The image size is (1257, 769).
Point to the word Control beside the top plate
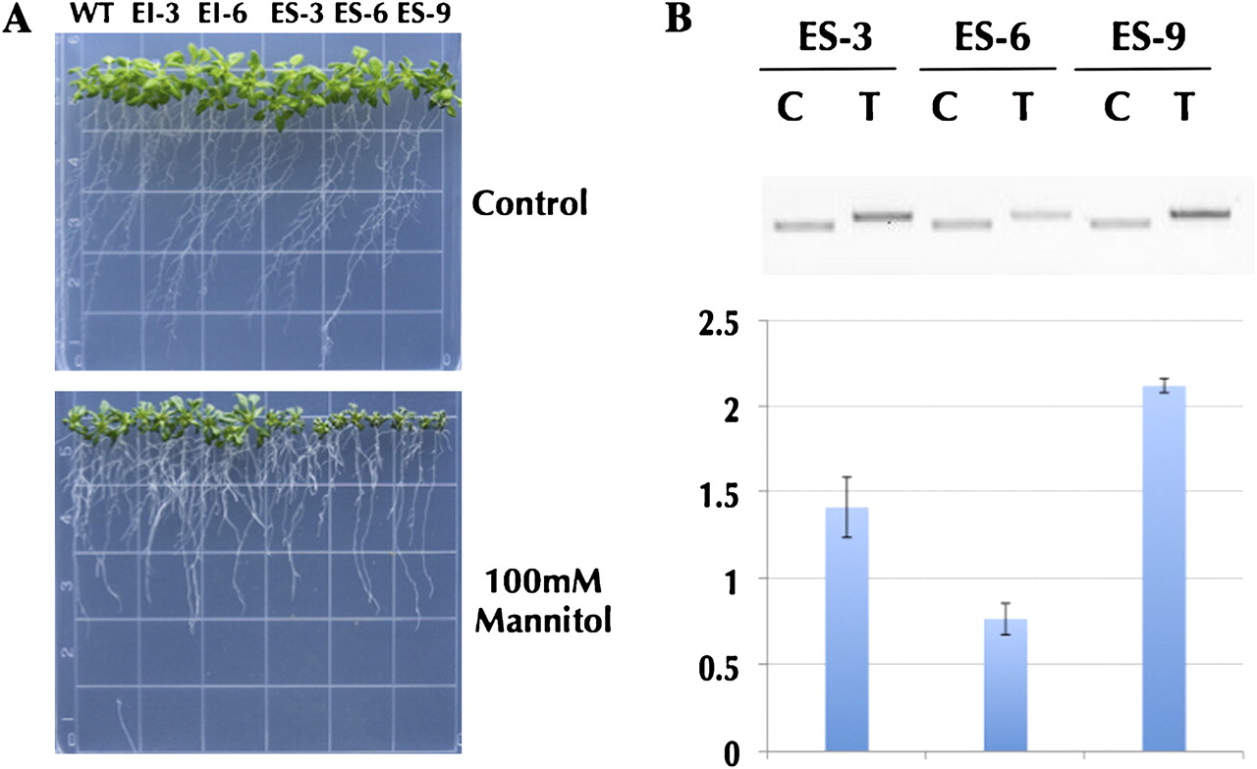[529, 204]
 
